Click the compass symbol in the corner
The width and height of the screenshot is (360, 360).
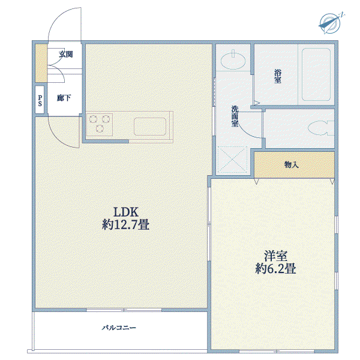pos(331,23)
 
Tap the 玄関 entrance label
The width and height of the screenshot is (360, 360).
pos(65,54)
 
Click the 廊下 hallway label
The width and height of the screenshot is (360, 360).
pos(64,98)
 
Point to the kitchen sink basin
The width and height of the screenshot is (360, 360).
pos(150,127)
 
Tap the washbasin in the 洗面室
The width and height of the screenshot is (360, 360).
pos(233,61)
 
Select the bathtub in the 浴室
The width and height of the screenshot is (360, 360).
pos(316,74)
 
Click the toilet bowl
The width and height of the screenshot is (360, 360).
pos(321,128)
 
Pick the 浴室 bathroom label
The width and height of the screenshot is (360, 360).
pos(278,76)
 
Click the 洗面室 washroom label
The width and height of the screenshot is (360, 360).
pos(235,116)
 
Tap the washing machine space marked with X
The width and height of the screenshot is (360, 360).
pos(232,160)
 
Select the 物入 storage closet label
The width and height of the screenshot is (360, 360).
pos(292,164)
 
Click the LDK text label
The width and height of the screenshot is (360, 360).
pos(126,212)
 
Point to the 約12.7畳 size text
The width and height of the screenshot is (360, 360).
pos(125,224)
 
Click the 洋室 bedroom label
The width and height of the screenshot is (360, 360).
pos(275,256)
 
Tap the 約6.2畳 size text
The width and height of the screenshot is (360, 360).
pos(275,268)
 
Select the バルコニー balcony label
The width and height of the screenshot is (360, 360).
pos(119,328)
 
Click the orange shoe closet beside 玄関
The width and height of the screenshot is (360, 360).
pos(41,63)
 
